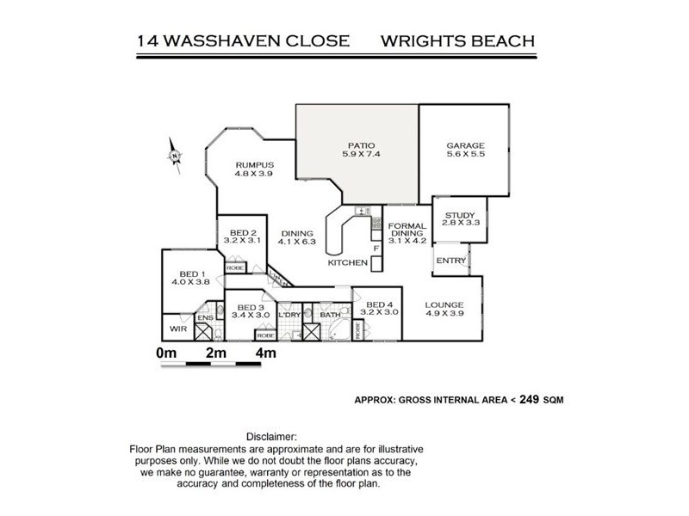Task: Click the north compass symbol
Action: pyautogui.click(x=176, y=156)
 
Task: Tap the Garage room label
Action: pyautogui.click(x=465, y=145)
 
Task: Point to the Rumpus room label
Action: pyautogui.click(x=254, y=165)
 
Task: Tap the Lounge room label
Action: pyautogui.click(x=444, y=304)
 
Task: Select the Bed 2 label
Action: pyautogui.click(x=242, y=232)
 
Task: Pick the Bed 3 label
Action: pyautogui.click(x=251, y=308)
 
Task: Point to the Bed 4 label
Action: pyautogui.click(x=380, y=304)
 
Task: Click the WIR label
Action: pyautogui.click(x=177, y=329)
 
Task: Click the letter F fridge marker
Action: pyautogui.click(x=376, y=249)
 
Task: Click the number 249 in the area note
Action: pyautogui.click(x=529, y=399)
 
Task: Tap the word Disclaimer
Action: pyautogui.click(x=271, y=437)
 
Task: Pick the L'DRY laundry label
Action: pyautogui.click(x=289, y=315)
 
